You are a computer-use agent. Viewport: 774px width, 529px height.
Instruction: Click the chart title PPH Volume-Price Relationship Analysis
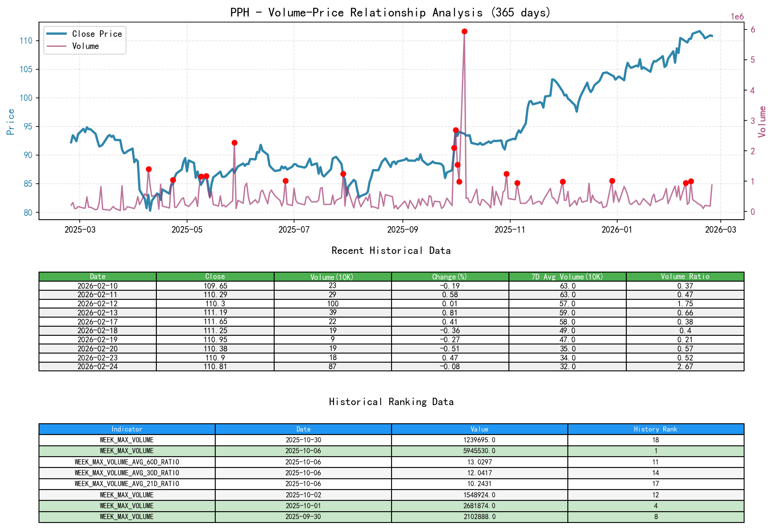pyautogui.click(x=390, y=12)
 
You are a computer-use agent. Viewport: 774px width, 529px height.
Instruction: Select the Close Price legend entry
pyautogui.click(x=97, y=34)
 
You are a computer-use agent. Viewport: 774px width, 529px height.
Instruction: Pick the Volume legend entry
pyautogui.click(x=85, y=46)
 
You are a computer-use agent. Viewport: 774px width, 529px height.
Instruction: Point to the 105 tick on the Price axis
pyautogui.click(x=26, y=69)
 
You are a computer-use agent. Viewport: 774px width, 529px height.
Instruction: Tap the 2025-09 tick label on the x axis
pyautogui.click(x=402, y=230)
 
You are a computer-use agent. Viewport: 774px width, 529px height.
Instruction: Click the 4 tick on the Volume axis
pyautogui.click(x=752, y=90)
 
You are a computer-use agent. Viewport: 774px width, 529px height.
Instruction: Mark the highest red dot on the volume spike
pyautogui.click(x=464, y=31)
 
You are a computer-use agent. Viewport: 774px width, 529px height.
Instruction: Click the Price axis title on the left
pyautogui.click(x=11, y=122)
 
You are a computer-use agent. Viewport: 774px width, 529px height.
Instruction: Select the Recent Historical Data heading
pyautogui.click(x=391, y=250)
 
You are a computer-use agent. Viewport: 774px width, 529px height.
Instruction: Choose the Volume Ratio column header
pyautogui.click(x=685, y=276)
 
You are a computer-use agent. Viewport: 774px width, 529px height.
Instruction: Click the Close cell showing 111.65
pyautogui.click(x=215, y=321)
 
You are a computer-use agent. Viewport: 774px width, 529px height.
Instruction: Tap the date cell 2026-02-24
pyautogui.click(x=97, y=367)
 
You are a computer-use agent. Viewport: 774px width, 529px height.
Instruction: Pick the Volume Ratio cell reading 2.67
pyautogui.click(x=685, y=367)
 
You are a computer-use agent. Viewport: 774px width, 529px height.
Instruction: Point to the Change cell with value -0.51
pyautogui.click(x=450, y=349)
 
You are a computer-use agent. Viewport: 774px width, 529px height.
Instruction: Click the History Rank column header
pyautogui.click(x=655, y=429)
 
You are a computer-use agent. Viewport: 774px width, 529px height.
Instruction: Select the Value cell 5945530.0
pyautogui.click(x=479, y=451)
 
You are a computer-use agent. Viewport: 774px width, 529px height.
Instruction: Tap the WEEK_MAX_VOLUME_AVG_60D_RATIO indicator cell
pyautogui.click(x=127, y=462)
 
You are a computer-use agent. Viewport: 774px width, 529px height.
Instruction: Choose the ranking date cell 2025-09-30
pyautogui.click(x=303, y=516)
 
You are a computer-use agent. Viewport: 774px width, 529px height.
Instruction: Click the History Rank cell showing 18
pyautogui.click(x=655, y=440)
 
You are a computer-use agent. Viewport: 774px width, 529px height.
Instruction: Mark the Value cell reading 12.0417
pyautogui.click(x=479, y=473)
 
